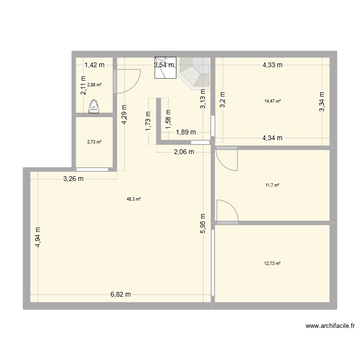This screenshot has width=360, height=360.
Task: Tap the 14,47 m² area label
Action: [273, 101]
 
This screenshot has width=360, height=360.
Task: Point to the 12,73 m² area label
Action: [272, 263]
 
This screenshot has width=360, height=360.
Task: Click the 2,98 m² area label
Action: [94, 85]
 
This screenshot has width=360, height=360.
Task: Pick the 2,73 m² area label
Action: [94, 142]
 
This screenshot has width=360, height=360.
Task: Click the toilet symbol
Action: [94, 106]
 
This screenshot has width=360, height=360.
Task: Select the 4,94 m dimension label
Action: [38, 237]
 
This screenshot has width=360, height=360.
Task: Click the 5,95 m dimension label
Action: [204, 224]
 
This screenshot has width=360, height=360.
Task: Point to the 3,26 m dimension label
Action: [73, 179]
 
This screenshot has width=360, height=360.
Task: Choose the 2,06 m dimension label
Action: [184, 152]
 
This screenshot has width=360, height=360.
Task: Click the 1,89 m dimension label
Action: [185, 132]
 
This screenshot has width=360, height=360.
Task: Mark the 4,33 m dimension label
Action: [273, 66]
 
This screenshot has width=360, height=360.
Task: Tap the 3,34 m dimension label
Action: [323, 102]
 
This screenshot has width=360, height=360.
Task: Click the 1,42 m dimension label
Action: [95, 66]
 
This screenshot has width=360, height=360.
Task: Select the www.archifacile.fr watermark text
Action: [330, 326]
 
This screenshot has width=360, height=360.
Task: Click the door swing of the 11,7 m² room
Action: [226, 158]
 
